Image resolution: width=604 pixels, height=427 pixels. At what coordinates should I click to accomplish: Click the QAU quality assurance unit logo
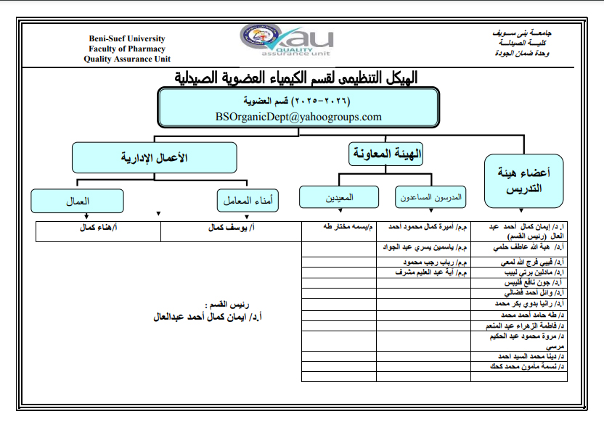[x=286, y=41]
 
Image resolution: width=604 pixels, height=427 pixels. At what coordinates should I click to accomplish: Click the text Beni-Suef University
[x=127, y=38]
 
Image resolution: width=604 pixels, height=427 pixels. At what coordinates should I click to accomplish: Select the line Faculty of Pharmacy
[x=127, y=49]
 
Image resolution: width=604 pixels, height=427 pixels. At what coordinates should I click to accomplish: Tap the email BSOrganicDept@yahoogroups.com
[x=298, y=116]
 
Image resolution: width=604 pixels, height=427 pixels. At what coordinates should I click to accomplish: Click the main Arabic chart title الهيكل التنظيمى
[x=297, y=78]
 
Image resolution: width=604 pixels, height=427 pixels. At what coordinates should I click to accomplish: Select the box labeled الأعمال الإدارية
[x=154, y=157]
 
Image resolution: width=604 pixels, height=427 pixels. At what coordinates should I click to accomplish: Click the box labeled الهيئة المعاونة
[x=385, y=153]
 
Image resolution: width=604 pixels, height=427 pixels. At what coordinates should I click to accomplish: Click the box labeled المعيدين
[x=339, y=197]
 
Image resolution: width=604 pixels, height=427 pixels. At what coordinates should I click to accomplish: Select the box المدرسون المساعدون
[x=430, y=197]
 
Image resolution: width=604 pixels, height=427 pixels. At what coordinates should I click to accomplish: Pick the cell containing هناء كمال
[x=98, y=228]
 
